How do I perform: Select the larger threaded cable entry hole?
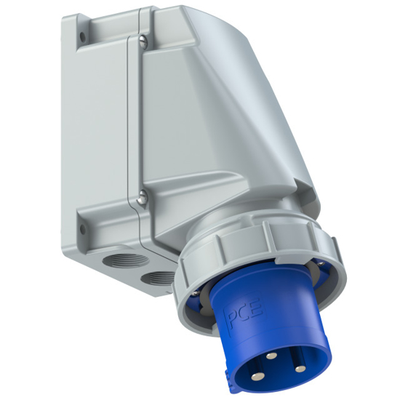[x=116, y=260]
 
